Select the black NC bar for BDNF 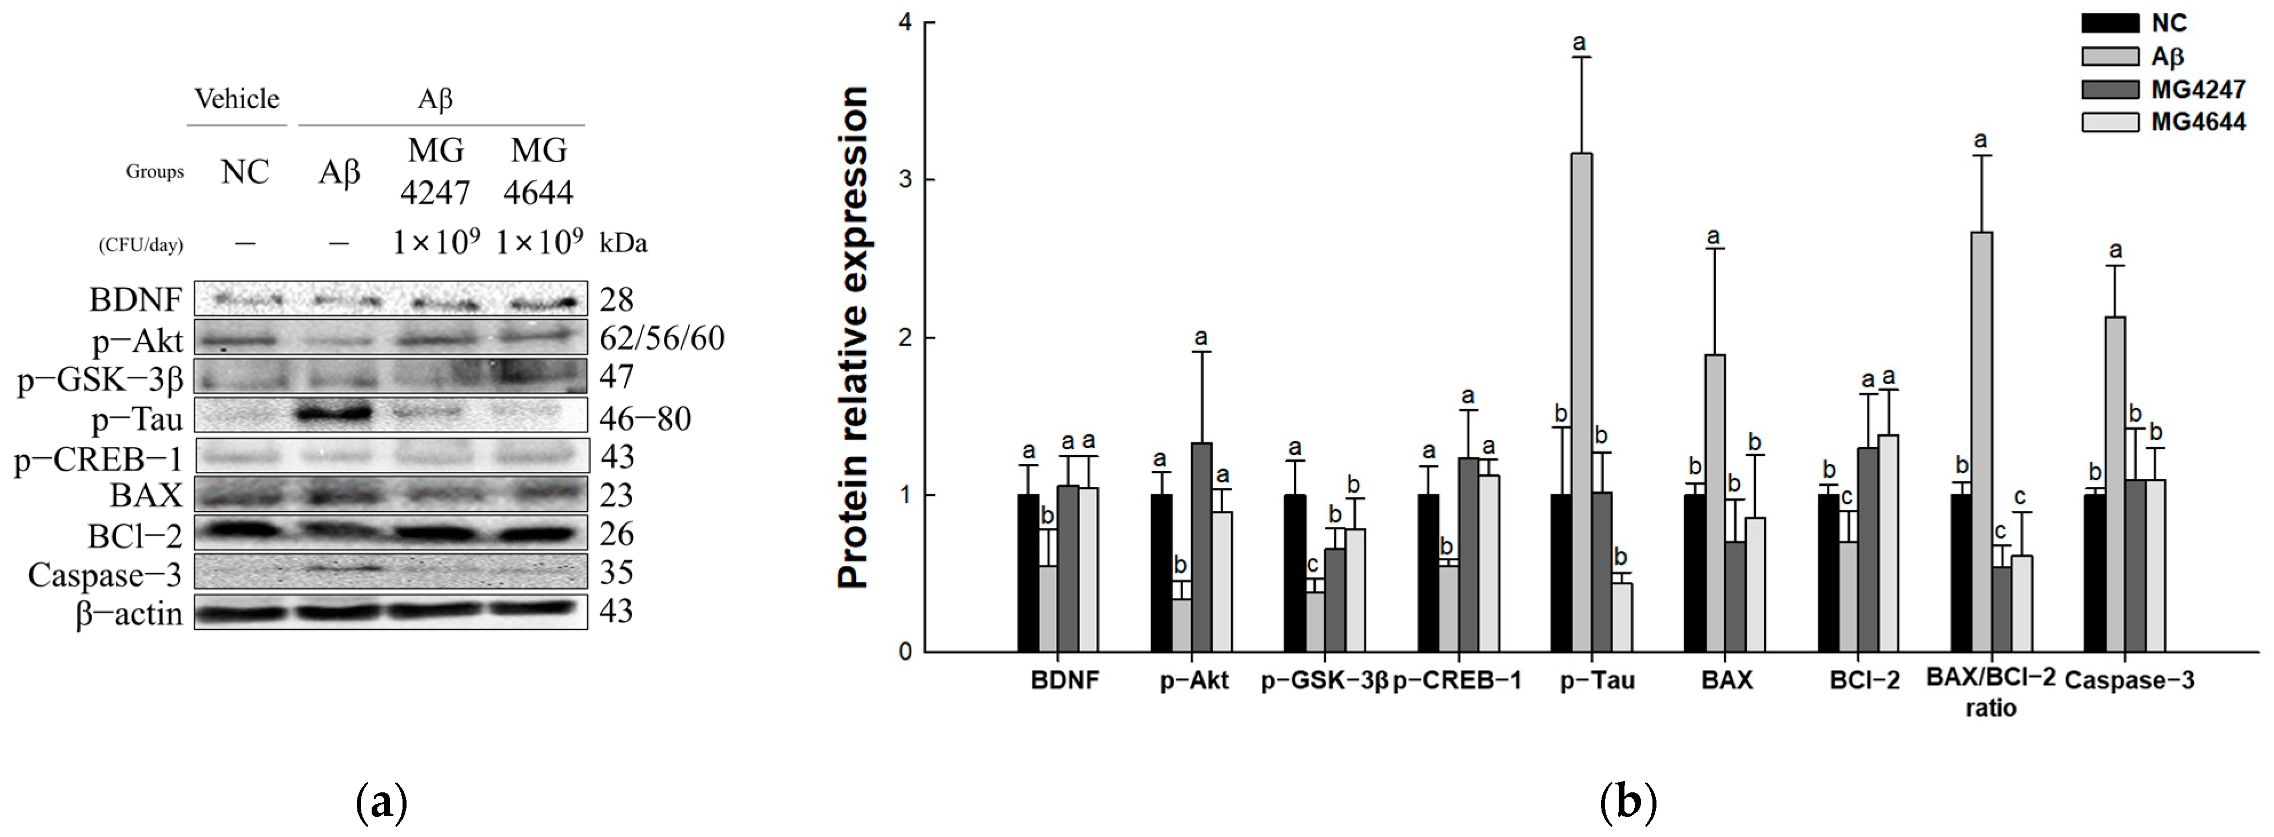1028,573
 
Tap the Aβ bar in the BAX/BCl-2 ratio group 1982,442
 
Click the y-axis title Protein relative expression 853,338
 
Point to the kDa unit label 623,244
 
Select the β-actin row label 130,613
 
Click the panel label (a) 381,803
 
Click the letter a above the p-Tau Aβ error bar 1580,42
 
